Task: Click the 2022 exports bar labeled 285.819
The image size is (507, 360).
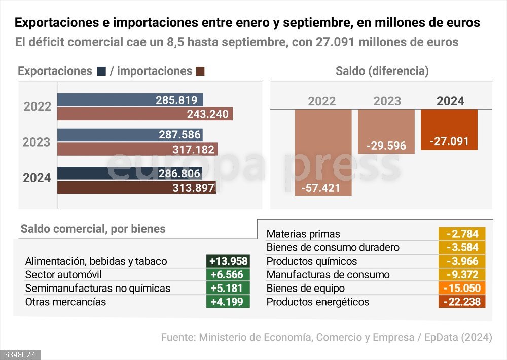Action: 130,100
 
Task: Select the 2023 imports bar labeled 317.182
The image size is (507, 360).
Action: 137,149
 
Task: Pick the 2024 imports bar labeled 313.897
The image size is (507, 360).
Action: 136,188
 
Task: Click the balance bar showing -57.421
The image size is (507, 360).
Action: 323,152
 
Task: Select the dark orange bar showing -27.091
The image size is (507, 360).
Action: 449,129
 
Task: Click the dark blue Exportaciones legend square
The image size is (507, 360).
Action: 101,71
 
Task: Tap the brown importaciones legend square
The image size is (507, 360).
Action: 200,71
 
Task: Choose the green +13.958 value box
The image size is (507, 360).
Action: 228,261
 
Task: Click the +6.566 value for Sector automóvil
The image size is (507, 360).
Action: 228,275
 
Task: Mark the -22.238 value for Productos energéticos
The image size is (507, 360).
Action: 462,302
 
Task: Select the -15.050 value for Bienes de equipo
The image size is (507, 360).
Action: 462,289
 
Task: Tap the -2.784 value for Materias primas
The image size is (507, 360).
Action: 462,234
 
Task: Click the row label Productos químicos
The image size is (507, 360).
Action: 311,261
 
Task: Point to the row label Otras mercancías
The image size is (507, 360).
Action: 65,302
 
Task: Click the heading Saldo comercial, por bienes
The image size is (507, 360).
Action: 93,229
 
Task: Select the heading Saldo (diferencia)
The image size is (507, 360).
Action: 382,71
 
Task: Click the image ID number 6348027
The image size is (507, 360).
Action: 20,355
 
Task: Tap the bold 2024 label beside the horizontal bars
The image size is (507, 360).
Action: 37,178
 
